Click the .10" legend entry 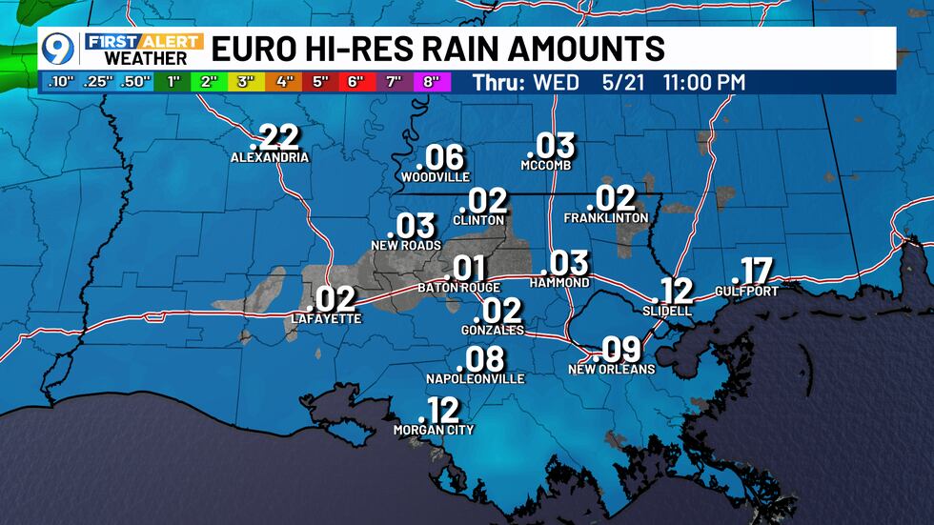[59, 82]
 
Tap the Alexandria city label [270, 157]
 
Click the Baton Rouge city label [454, 287]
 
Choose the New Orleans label [612, 369]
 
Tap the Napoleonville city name [476, 378]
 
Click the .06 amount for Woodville [439, 157]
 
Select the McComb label [546, 165]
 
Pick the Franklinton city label [606, 218]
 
